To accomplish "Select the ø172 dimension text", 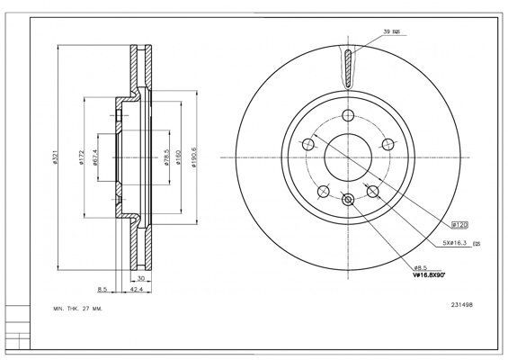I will [x=80, y=161].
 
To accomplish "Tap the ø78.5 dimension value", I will [x=167, y=161].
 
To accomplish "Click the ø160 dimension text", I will [x=181, y=161].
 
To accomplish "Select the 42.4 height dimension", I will [x=138, y=291].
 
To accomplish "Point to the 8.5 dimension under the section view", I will [x=102, y=291].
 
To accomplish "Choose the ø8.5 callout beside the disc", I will [x=420, y=267].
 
